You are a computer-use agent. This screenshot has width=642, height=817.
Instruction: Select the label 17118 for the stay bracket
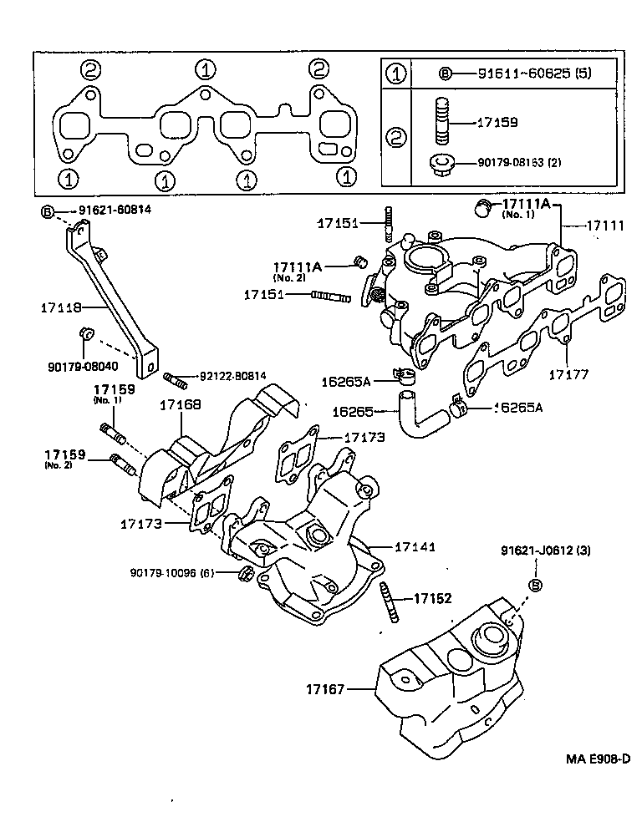coord(61,307)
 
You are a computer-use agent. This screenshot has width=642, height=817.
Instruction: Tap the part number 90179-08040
coord(83,365)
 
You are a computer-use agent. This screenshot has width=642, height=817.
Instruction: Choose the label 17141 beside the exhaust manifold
coord(415,546)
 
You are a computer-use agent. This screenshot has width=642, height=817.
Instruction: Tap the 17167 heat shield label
coord(324,689)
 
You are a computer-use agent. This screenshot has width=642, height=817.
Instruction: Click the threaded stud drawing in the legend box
coord(441,121)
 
